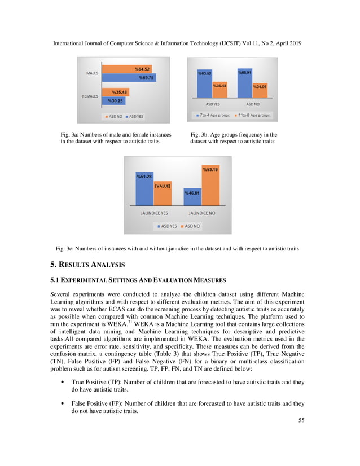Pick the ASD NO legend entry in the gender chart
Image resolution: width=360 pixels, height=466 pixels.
[115, 117]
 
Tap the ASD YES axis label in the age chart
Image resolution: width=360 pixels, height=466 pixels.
[213, 104]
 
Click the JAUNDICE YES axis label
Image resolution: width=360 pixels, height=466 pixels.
[153, 214]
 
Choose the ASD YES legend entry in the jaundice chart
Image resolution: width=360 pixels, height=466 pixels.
[168, 226]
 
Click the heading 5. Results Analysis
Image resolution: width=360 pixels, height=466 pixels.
[87, 264]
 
